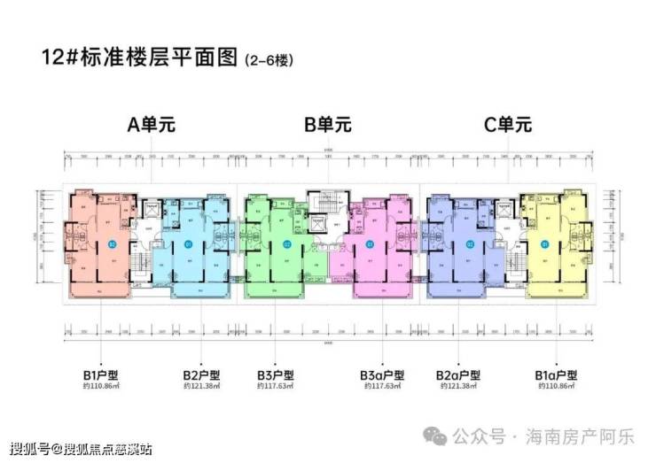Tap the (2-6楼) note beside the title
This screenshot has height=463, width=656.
click(268, 62)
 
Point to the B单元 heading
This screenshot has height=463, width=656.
click(328, 125)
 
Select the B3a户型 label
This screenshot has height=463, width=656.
click(382, 374)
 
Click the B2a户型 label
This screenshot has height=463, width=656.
click(459, 374)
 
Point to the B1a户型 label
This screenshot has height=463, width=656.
click(557, 374)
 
